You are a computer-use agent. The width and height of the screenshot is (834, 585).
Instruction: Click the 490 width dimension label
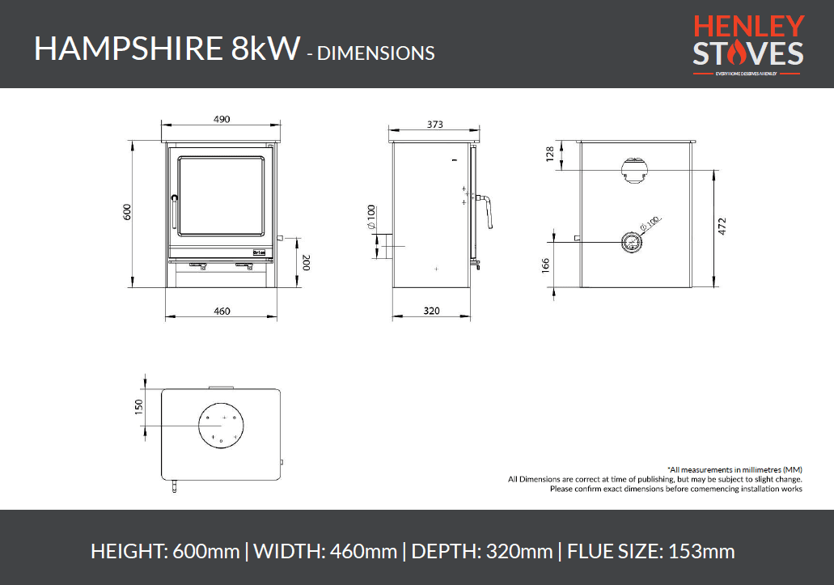point(222,119)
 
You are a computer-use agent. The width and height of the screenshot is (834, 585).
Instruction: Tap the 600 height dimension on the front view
point(126,213)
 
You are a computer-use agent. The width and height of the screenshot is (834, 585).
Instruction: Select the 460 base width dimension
point(222,311)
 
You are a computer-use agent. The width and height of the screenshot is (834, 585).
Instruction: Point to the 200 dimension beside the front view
point(306,262)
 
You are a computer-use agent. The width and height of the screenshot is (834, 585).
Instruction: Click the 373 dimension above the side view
point(434,125)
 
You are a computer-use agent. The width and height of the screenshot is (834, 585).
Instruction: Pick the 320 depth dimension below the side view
point(431,311)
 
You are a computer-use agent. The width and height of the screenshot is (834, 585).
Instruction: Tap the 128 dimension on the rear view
point(550,155)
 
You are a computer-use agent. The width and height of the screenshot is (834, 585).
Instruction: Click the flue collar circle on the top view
point(220,423)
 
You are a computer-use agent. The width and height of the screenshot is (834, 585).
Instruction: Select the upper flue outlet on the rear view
point(633,168)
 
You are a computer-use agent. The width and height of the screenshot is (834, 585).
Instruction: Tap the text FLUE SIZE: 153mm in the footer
point(650,552)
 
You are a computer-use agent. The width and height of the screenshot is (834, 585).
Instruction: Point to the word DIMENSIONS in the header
point(375,53)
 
